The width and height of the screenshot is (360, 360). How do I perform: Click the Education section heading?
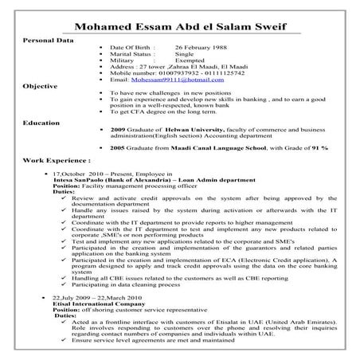coord(41,123)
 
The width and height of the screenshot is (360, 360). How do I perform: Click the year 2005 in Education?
coord(118,148)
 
